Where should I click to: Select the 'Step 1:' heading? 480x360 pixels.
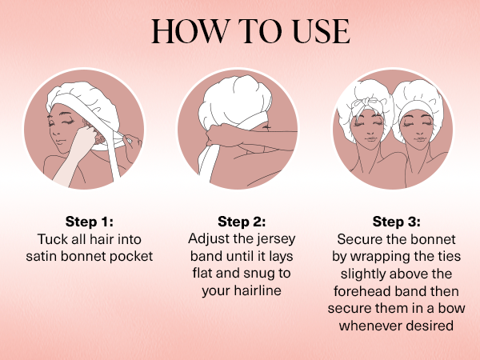point(90,222)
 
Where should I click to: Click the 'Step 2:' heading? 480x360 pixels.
point(242,222)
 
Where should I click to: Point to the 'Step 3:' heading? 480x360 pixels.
point(397,222)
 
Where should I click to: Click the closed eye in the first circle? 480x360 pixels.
point(69,122)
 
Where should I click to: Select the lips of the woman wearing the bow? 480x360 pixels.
point(370,139)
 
